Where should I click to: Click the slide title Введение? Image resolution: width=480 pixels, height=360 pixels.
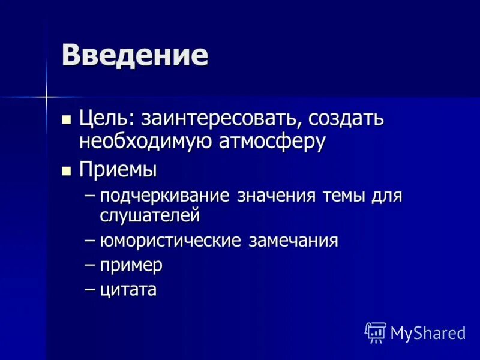pos(134,55)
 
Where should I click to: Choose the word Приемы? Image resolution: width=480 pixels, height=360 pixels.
pos(118,170)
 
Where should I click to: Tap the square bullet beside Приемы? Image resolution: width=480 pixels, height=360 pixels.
pos(67,170)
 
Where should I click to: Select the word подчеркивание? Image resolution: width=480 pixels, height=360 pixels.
pos(166,196)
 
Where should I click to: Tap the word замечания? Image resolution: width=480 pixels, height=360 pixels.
pos(294,241)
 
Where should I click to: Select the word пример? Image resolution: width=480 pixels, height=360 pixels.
pos(131,266)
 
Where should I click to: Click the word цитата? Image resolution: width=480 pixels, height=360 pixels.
pos(128,290)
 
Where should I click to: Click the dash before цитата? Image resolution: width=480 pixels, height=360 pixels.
pos(90,289)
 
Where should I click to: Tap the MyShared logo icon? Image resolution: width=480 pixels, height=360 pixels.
pos(376,332)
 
